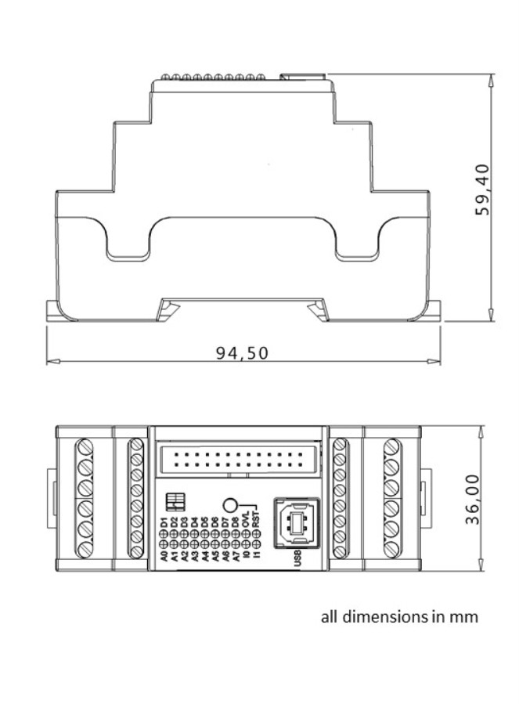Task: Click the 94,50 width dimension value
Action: [243, 352]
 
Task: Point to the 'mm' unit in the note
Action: [465, 617]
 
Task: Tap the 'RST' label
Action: [255, 521]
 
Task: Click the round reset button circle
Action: [231, 506]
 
